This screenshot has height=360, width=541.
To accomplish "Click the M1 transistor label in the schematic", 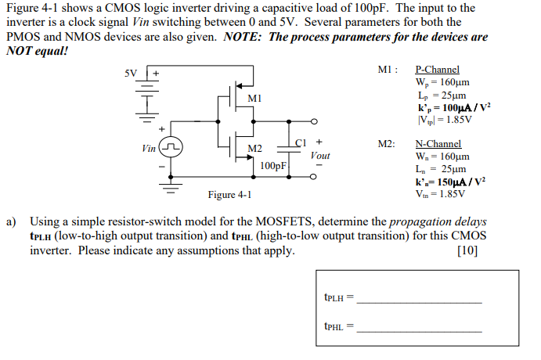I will tap(254, 99).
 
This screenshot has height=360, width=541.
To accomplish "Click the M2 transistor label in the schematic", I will tap(254, 149).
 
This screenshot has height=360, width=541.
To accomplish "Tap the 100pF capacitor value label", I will tap(274, 166).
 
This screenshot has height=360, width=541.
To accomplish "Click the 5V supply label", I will tap(131, 74).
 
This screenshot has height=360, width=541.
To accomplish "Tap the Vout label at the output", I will tap(320, 156).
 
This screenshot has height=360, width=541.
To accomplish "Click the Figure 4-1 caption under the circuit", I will tap(229, 195).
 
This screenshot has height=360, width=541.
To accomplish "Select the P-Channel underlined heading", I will tap(437, 70).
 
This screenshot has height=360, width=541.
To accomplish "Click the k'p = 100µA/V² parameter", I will tap(455, 106).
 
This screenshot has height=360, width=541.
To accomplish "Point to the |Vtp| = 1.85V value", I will tap(445, 119).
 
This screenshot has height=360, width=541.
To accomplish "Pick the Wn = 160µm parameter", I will tap(442, 157).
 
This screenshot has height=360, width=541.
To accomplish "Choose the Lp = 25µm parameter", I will tap(441, 94).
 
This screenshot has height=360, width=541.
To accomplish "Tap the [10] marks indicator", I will tap(466, 250).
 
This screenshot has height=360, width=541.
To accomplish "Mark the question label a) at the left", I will tap(12, 222).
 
